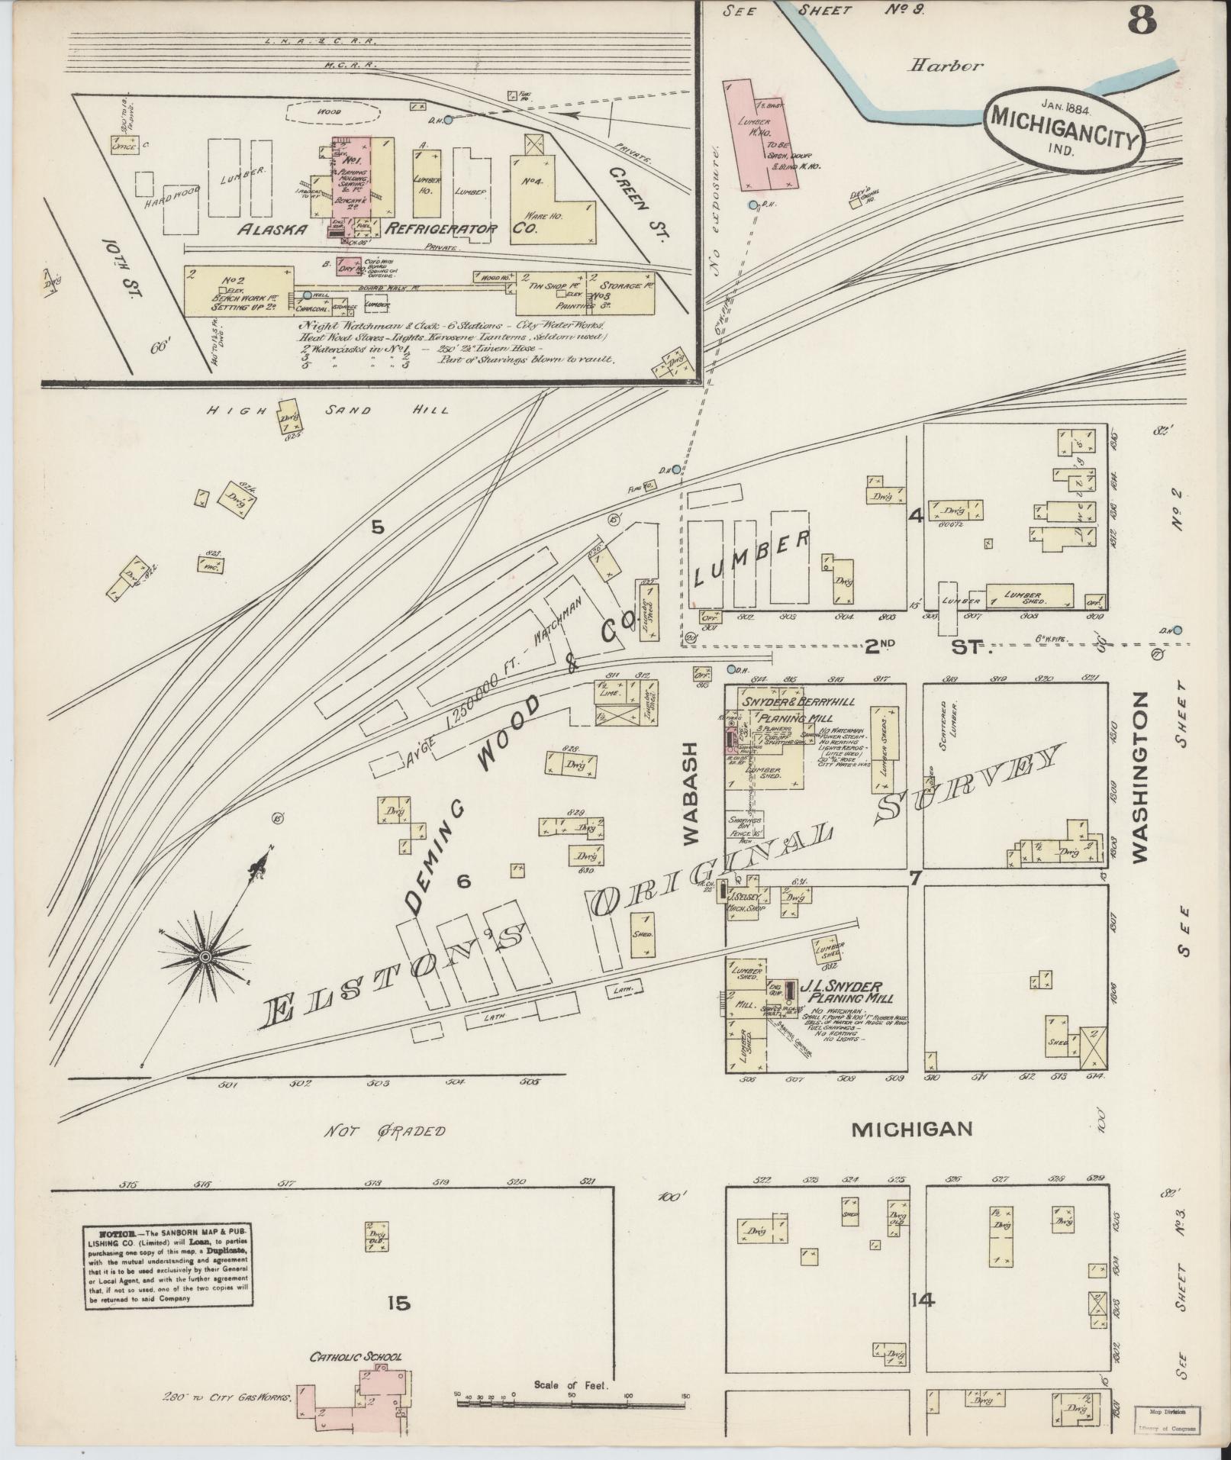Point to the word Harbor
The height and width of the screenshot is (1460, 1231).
[945, 66]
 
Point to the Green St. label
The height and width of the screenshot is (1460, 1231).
[635, 200]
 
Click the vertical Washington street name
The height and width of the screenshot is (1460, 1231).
[1140, 777]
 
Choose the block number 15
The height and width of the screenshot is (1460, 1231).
[398, 1303]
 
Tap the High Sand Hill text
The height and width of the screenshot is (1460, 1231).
[329, 410]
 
